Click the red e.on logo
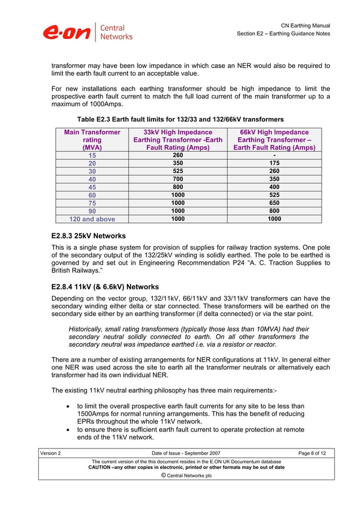tap(67, 32)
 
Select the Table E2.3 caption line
tap(180, 119)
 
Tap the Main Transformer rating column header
tap(92, 140)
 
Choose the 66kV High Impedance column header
tap(274, 140)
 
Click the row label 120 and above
tap(92, 219)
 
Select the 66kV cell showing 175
tap(274, 163)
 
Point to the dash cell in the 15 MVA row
tap(274, 155)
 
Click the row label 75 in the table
tap(92, 203)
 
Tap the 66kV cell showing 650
tap(274, 203)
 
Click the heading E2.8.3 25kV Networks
tap(88, 236)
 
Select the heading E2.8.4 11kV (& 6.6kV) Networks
tap(104, 286)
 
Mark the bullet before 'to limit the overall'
tap(68, 406)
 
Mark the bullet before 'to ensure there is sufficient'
tap(68, 430)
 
